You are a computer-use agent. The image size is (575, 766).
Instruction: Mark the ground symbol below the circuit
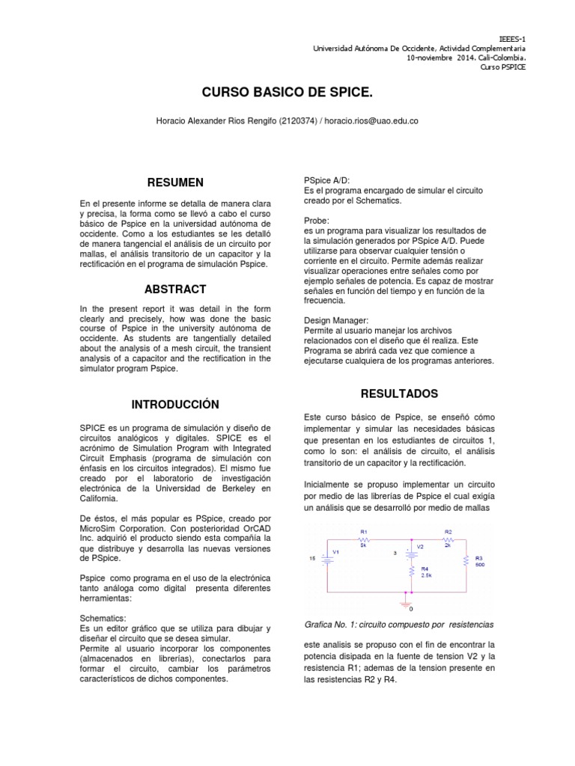[408, 599]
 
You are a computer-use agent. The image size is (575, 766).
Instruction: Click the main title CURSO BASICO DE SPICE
[287, 92]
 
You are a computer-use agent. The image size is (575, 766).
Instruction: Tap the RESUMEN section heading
[174, 182]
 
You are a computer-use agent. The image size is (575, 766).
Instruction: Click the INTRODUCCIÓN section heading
[175, 404]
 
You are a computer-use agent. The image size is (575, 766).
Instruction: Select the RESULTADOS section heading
[399, 393]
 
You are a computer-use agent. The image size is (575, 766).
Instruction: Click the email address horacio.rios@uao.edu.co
[365, 120]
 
